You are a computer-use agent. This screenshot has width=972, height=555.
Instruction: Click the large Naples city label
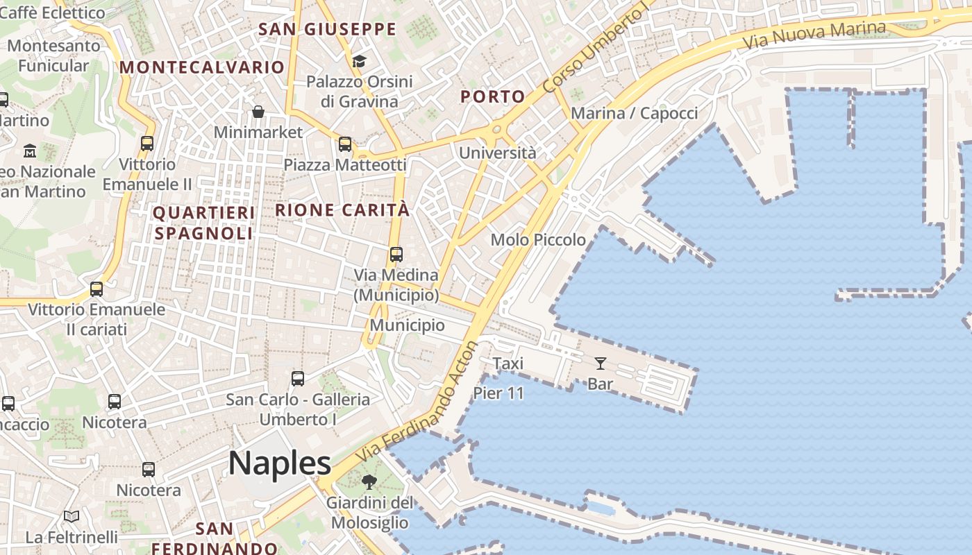[280, 463]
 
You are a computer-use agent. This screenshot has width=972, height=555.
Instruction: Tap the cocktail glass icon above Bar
[600, 363]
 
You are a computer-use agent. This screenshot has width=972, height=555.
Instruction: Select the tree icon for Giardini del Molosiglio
[369, 481]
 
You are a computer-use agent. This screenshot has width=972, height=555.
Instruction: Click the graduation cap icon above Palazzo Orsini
[359, 62]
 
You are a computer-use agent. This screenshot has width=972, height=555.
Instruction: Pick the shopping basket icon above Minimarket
[258, 112]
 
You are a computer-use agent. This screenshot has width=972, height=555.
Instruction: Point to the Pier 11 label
[498, 393]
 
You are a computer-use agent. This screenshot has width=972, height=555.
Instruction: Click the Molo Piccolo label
[538, 240]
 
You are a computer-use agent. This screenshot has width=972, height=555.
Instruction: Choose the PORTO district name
[492, 96]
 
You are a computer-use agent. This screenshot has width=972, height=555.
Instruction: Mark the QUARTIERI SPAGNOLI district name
[203, 223]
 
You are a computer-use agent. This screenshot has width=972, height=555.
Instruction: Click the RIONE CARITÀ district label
[342, 210]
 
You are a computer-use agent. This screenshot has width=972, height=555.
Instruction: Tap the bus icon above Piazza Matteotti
[345, 144]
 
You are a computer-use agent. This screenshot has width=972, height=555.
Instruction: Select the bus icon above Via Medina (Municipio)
[396, 255]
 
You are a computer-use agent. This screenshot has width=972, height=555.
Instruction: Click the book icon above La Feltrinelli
[72, 516]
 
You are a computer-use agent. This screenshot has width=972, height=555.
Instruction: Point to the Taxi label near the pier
[508, 364]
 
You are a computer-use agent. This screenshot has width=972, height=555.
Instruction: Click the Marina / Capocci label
[634, 113]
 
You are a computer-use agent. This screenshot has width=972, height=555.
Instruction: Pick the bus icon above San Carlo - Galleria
[298, 379]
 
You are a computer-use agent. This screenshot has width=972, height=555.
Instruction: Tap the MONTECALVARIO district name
[202, 67]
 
